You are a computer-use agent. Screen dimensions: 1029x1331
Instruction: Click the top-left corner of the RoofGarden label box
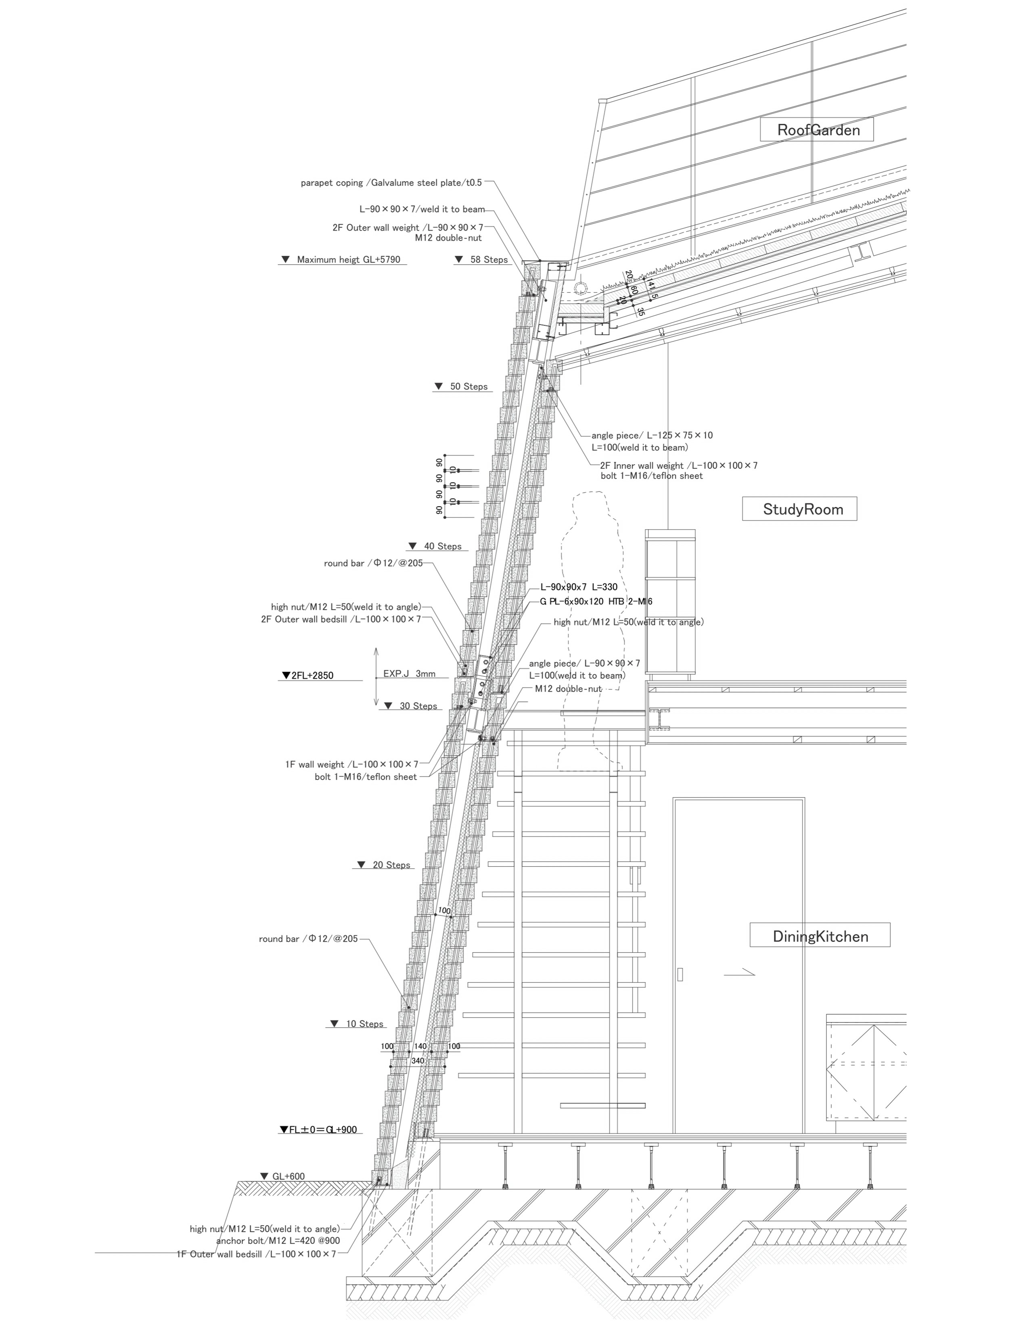760,118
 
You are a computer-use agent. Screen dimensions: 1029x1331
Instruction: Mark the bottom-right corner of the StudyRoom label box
856,520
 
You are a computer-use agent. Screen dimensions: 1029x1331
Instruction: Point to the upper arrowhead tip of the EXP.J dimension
376,648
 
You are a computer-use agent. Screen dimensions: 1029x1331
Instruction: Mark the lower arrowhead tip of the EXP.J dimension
376,706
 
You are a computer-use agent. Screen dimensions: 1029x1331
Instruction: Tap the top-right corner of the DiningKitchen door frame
805,797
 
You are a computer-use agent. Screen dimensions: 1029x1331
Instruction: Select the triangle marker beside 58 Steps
459,260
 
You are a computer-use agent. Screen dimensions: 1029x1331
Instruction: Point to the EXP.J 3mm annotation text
409,674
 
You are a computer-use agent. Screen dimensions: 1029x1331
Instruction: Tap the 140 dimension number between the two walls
420,1046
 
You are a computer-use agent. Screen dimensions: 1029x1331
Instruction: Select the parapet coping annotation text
391,183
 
